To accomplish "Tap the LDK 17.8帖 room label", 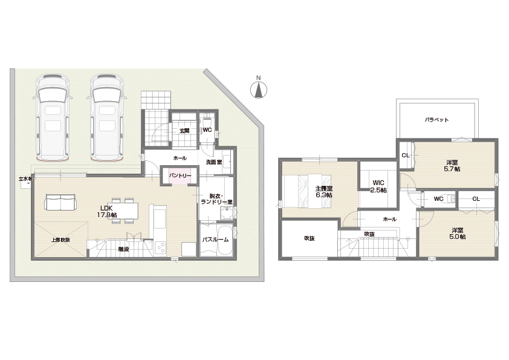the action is point(107,212).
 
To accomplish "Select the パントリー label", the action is point(180,175).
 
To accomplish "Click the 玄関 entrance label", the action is point(184,131).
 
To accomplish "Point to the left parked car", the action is point(53,118).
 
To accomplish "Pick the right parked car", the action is point(107,118).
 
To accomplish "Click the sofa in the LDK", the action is point(60,202).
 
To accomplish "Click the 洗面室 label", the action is point(214,162).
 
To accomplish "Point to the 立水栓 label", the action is point(25,178).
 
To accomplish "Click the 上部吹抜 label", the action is point(60,240).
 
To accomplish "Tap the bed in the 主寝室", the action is point(307,191).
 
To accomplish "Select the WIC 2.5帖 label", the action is point(378,186).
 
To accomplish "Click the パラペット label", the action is point(436,120).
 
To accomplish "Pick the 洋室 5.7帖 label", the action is point(452,166).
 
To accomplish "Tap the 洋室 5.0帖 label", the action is point(458,234).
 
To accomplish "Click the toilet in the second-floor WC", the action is point(450,198).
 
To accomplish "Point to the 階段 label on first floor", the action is point(124,249).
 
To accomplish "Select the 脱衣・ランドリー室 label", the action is point(216,199).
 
